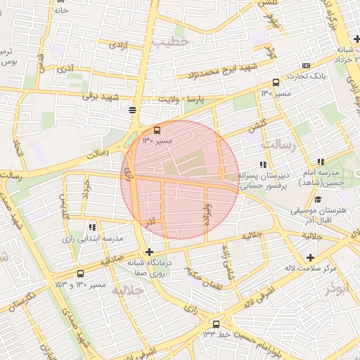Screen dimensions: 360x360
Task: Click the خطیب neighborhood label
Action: pos(171,43)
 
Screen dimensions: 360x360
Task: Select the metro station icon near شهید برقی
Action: pos(132,110)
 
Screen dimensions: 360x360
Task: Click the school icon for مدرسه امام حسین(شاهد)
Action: pos(321,162)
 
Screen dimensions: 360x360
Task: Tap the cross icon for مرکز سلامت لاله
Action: pos(310,257)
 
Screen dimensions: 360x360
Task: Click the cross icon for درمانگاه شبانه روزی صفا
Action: pos(148,252)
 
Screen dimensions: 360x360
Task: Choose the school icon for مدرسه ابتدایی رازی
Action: pos(92,226)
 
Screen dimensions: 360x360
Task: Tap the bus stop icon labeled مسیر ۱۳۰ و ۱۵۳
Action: pos(80,274)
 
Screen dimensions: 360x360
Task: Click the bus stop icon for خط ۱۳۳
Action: pos(216,324)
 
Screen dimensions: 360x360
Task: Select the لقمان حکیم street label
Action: pos(207,283)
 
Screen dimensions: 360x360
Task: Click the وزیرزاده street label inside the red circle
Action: pos(207,210)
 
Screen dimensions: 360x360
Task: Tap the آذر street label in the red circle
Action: pos(150,221)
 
